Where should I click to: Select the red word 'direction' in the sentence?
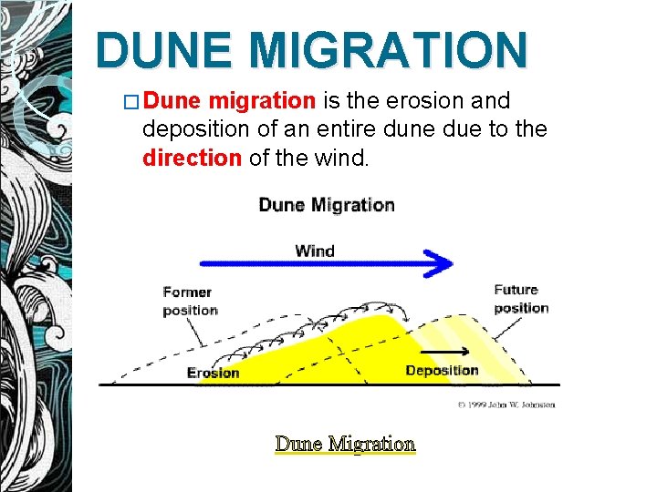tap(192, 158)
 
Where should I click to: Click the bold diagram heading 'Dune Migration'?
tap(327, 204)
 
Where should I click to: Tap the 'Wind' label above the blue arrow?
tap(315, 251)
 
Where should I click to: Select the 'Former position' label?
tap(190, 301)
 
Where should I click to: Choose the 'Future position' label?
tap(521, 299)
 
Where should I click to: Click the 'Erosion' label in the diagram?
tap(213, 372)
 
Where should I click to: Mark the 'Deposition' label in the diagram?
tap(442, 370)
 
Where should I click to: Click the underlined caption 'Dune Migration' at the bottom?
tap(345, 444)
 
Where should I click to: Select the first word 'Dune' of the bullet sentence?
tap(172, 100)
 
